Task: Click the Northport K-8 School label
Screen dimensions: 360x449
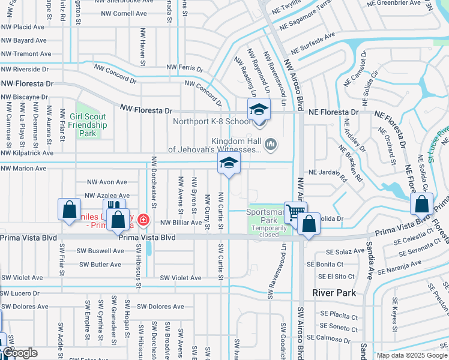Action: [212, 121]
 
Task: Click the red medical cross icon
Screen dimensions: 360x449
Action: [143, 220]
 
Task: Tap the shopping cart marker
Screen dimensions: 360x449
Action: [295, 212]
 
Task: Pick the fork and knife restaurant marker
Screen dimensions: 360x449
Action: [109, 209]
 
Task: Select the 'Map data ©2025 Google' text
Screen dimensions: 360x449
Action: [412, 355]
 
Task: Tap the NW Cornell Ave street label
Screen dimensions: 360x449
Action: [124, 13]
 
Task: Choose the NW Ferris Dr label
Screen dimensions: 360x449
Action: [185, 68]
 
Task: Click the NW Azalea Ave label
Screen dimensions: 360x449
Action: [107, 196]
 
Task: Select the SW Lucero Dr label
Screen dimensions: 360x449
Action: [20, 293]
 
